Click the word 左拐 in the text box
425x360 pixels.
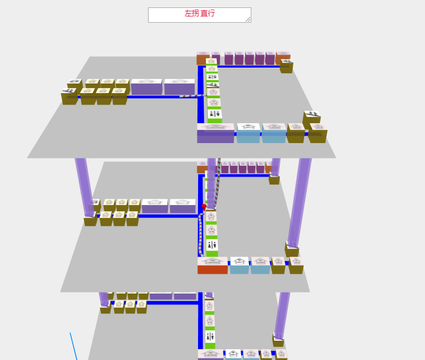pos(192,14)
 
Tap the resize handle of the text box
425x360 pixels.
pos(248,19)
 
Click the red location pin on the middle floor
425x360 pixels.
pos(204,207)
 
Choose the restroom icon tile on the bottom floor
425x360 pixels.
pos(210,336)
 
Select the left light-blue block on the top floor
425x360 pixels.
pos(248,134)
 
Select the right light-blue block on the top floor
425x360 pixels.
pos(273,134)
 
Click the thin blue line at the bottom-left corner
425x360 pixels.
pos(73,346)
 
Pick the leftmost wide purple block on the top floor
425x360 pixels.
pos(146,87)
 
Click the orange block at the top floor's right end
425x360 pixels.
pos(283,58)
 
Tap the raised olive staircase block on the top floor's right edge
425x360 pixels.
pos(312,118)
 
